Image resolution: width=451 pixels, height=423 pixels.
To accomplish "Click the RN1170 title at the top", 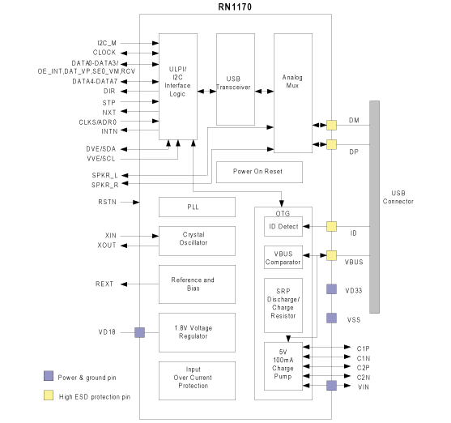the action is (235, 6).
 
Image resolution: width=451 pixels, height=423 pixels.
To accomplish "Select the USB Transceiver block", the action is (236, 79).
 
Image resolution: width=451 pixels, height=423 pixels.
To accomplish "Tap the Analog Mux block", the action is (293, 92).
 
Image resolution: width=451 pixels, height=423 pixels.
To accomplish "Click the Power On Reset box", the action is (259, 172).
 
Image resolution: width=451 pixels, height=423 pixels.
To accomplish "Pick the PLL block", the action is (197, 207).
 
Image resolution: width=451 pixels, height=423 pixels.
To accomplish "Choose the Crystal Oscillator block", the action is (197, 241).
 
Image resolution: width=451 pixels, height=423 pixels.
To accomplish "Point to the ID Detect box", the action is (283, 226).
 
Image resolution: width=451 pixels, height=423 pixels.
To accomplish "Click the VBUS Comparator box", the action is (283, 257).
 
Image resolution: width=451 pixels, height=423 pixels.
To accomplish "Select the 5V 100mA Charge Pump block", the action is (283, 366).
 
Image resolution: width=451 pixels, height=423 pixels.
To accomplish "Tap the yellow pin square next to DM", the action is (331, 126).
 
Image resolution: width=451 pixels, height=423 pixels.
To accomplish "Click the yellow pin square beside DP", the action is (331, 144).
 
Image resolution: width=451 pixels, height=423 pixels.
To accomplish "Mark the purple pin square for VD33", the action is (331, 289).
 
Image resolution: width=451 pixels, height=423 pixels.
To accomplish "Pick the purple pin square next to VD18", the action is (139, 332).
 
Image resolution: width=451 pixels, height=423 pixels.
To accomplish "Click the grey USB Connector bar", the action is (374, 207).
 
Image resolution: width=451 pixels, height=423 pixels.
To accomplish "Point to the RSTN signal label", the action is (108, 202).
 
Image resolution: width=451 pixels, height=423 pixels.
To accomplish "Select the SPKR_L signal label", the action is (104, 175).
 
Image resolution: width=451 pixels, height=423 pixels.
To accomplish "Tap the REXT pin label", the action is (104, 284).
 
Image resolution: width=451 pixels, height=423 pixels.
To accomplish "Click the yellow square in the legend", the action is (49, 395).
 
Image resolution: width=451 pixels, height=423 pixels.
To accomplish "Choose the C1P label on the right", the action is (363, 348).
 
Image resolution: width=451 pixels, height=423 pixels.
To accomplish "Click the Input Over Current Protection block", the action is (197, 381).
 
